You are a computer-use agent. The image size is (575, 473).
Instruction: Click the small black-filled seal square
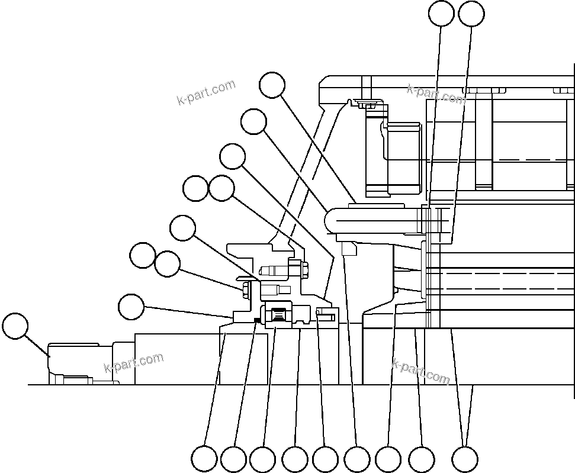pos(256,320)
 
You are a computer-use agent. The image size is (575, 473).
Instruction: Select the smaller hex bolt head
pos(245,289)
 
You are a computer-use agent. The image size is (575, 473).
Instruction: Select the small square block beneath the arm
pos(349,249)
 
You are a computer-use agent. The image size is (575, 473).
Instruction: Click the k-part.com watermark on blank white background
pos(206,92)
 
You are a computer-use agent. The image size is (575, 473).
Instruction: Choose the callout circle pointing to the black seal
pos(233,459)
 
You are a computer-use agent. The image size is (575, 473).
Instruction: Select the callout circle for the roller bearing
pos(262,459)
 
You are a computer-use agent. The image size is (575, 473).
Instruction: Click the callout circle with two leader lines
pos(465,459)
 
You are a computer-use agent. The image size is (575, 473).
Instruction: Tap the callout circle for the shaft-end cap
pos(15,327)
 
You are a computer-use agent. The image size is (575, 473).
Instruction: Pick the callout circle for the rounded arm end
pos(254,122)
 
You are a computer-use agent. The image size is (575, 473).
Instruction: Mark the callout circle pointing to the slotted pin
pos(325,459)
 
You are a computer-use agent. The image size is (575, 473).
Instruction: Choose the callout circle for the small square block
pos(357,459)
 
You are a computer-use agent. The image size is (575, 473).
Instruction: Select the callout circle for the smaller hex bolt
pos(167,264)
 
